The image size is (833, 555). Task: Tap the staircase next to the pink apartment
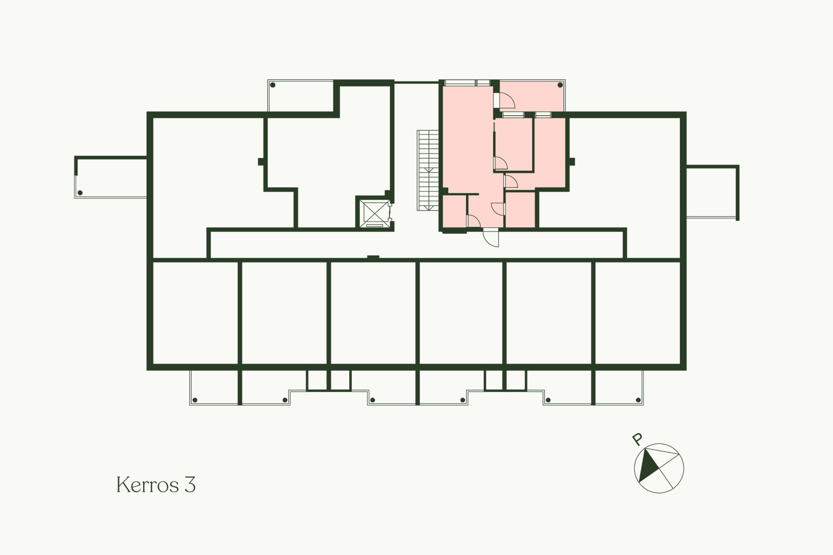coord(428,170)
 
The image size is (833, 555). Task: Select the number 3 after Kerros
coord(190,485)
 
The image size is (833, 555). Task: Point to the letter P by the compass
coord(637,439)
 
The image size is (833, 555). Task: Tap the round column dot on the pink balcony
coord(560,85)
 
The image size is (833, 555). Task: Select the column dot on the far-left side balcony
coord(80,193)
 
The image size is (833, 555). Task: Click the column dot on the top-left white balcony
coord(273,85)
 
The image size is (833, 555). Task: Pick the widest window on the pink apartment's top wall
coord(460,82)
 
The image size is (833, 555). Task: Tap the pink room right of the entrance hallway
coord(520,209)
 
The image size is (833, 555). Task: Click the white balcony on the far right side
coord(712,192)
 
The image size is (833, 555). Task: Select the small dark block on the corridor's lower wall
coord(373,258)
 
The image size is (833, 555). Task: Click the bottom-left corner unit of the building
coord(195,312)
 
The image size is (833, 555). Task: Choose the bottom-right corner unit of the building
coord(637,312)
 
